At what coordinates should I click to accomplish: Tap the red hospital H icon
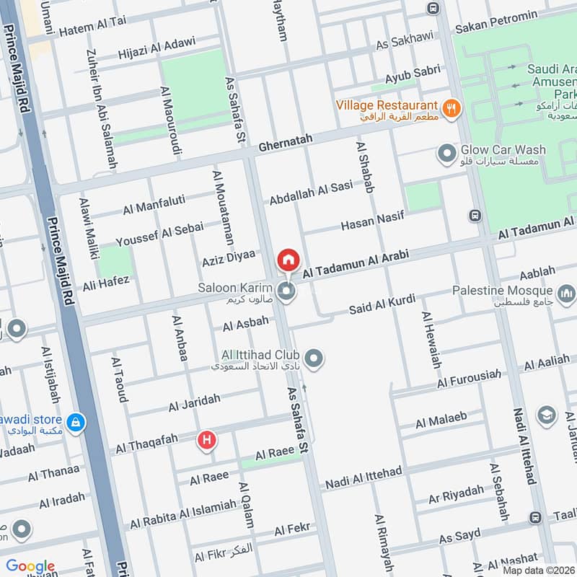click(x=208, y=439)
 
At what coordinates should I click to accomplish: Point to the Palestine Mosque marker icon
click(x=567, y=293)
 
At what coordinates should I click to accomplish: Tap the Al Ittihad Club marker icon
click(x=314, y=357)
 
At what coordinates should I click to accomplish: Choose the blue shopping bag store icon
click(x=75, y=422)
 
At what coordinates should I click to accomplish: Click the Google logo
click(x=30, y=566)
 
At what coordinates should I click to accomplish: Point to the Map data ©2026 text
click(x=538, y=570)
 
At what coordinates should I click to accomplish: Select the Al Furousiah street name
click(x=468, y=376)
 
